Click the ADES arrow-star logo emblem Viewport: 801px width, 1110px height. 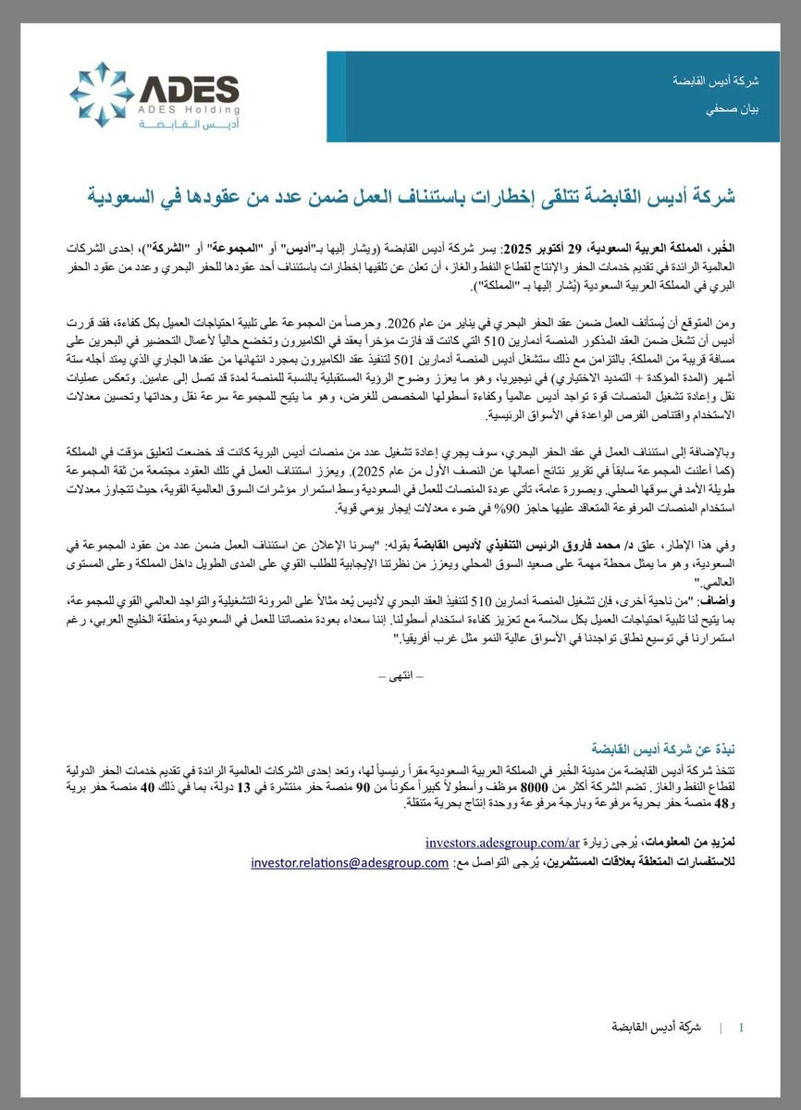coord(102,95)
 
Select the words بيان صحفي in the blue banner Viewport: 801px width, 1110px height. coord(741,109)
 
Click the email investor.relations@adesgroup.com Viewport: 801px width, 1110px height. coord(350,863)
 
